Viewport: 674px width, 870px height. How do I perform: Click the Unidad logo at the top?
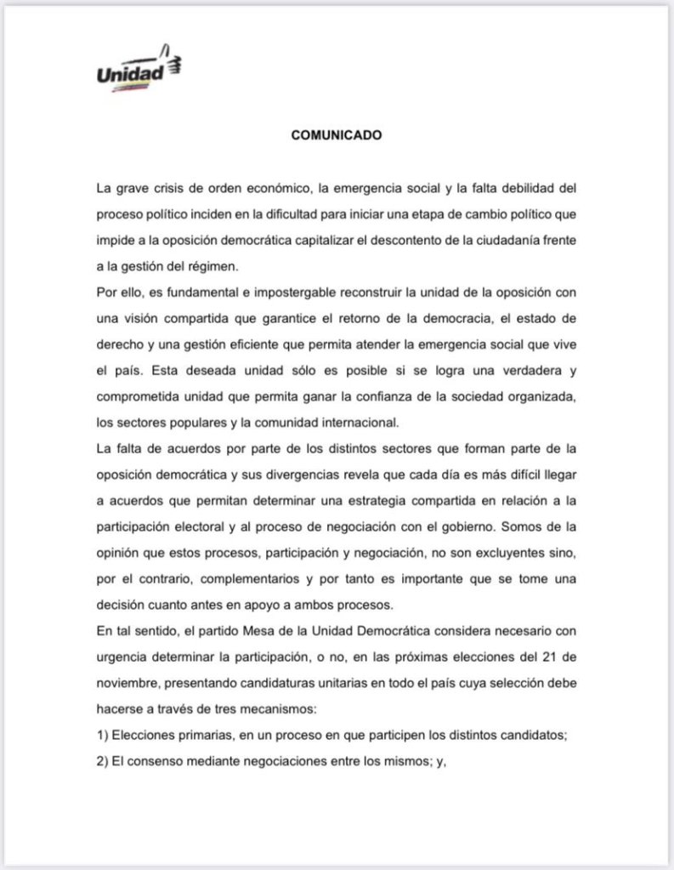140,71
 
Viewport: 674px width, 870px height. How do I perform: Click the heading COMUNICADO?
336,134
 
